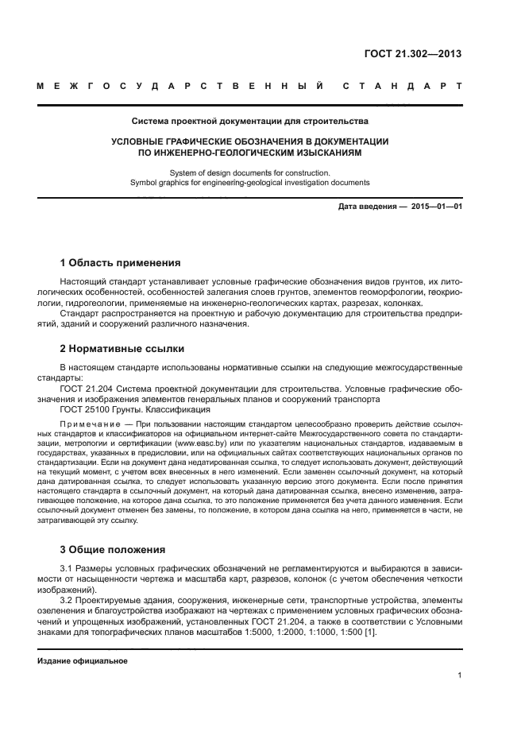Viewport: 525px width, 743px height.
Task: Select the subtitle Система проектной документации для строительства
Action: coord(249,122)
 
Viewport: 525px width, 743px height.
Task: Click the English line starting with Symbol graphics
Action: coord(249,182)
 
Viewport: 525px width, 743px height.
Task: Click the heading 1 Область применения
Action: coord(120,263)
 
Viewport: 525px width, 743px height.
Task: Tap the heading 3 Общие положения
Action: coord(113,549)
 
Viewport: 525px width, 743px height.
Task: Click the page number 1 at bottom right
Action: coord(460,675)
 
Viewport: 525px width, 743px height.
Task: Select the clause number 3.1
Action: coord(67,570)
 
